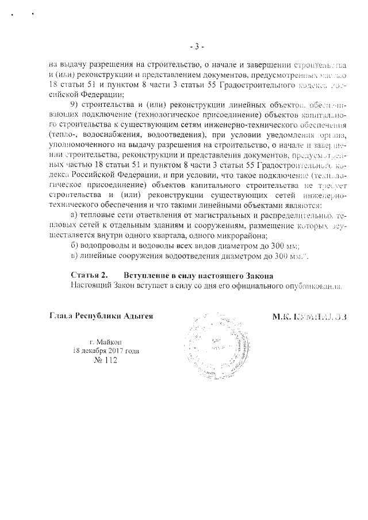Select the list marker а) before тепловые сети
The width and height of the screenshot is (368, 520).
pos(74,215)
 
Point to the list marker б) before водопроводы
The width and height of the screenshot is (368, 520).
pos(74,245)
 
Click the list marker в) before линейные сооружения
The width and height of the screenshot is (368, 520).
pos(74,256)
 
